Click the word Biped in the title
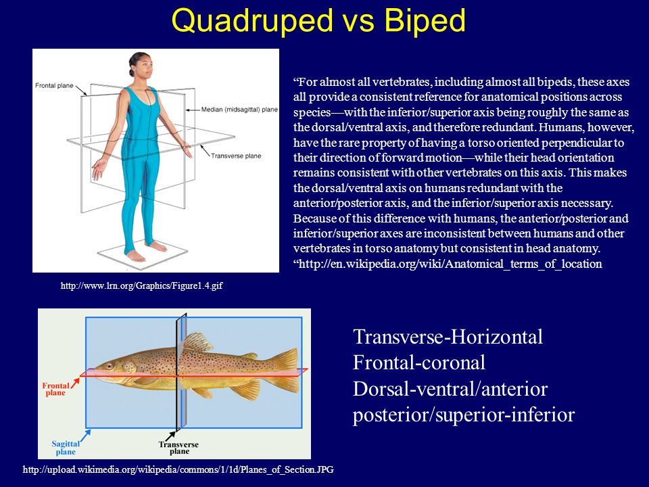[x=427, y=22]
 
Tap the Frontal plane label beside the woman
[x=55, y=85]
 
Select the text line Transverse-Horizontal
[x=448, y=337]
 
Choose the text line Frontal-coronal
[x=419, y=363]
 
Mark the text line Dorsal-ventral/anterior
[x=450, y=389]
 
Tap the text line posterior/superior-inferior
[x=464, y=415]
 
